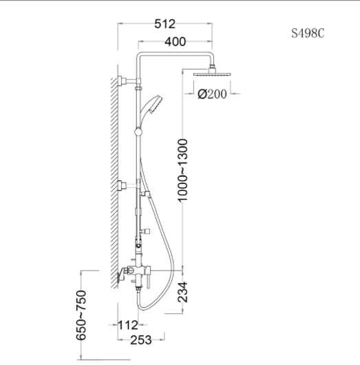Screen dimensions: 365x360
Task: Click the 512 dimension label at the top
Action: [165, 24]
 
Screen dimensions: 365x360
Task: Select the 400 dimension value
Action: [176, 42]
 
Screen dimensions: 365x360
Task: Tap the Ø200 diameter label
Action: [212, 94]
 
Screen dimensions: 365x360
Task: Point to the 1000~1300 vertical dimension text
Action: [182, 169]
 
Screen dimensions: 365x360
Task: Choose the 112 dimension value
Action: [128, 325]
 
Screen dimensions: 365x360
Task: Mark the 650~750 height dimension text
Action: [81, 315]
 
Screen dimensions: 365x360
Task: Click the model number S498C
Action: [307, 33]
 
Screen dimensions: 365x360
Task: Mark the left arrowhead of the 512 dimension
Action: [122, 24]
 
